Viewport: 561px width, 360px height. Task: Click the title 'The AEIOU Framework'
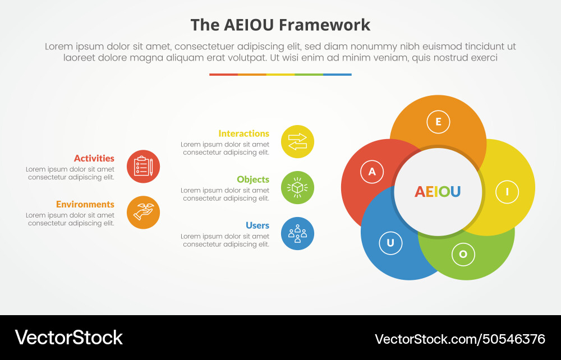(x=280, y=25)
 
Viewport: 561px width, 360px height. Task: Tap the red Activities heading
(x=94, y=159)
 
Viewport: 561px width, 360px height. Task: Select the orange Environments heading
(x=85, y=205)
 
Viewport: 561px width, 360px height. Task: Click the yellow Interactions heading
(x=243, y=133)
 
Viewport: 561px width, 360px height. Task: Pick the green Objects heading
(x=253, y=179)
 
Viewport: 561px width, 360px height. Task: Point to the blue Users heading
(x=257, y=225)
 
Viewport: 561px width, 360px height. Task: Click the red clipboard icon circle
(x=143, y=167)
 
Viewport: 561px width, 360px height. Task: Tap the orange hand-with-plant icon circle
(x=143, y=213)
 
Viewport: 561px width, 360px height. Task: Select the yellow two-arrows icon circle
(x=297, y=141)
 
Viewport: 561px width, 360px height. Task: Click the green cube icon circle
(x=297, y=187)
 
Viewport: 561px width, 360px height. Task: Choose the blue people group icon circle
(x=297, y=233)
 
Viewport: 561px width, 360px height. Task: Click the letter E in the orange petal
(x=438, y=122)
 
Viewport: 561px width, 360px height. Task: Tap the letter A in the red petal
(x=372, y=172)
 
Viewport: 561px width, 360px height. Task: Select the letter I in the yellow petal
(x=507, y=192)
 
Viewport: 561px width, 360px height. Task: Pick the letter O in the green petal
(x=463, y=254)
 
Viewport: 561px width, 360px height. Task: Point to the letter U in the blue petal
(x=390, y=243)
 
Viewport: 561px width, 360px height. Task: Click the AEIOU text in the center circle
(x=438, y=192)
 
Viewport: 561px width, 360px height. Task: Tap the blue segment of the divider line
(x=337, y=74)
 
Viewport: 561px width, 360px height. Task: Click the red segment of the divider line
(x=223, y=74)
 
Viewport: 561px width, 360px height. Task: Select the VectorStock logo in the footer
(x=68, y=338)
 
